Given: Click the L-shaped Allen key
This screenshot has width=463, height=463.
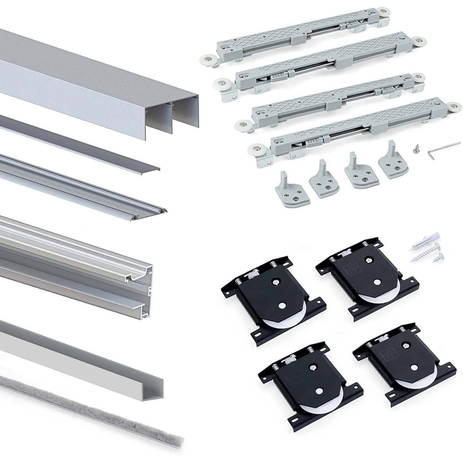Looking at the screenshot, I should [443, 147].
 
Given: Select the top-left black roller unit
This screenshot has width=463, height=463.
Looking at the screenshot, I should [273, 301].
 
